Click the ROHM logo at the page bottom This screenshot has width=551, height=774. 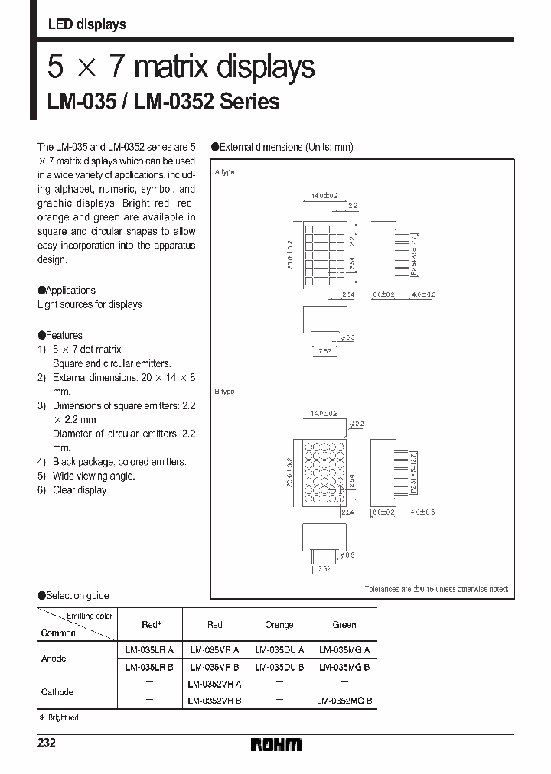[276, 744]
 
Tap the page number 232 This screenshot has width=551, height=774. [46, 743]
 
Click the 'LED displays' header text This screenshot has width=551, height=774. [86, 24]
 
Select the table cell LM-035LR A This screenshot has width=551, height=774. [150, 649]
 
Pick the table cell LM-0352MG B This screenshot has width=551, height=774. [344, 701]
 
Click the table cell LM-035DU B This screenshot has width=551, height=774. [279, 666]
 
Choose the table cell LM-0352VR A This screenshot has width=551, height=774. [214, 684]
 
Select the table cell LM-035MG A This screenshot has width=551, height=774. [344, 649]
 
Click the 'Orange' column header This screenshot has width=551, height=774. [279, 625]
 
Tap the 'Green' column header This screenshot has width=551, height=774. [344, 625]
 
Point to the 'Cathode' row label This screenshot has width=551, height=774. [57, 692]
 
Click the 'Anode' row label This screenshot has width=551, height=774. [54, 658]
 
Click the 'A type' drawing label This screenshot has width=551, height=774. [225, 172]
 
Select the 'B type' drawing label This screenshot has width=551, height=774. [225, 392]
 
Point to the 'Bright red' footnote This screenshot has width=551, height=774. [62, 718]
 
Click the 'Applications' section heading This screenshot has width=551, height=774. [70, 291]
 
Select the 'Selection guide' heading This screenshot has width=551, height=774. [77, 595]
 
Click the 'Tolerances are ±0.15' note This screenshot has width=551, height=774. [435, 590]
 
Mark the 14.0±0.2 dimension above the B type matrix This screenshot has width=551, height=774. [324, 413]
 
